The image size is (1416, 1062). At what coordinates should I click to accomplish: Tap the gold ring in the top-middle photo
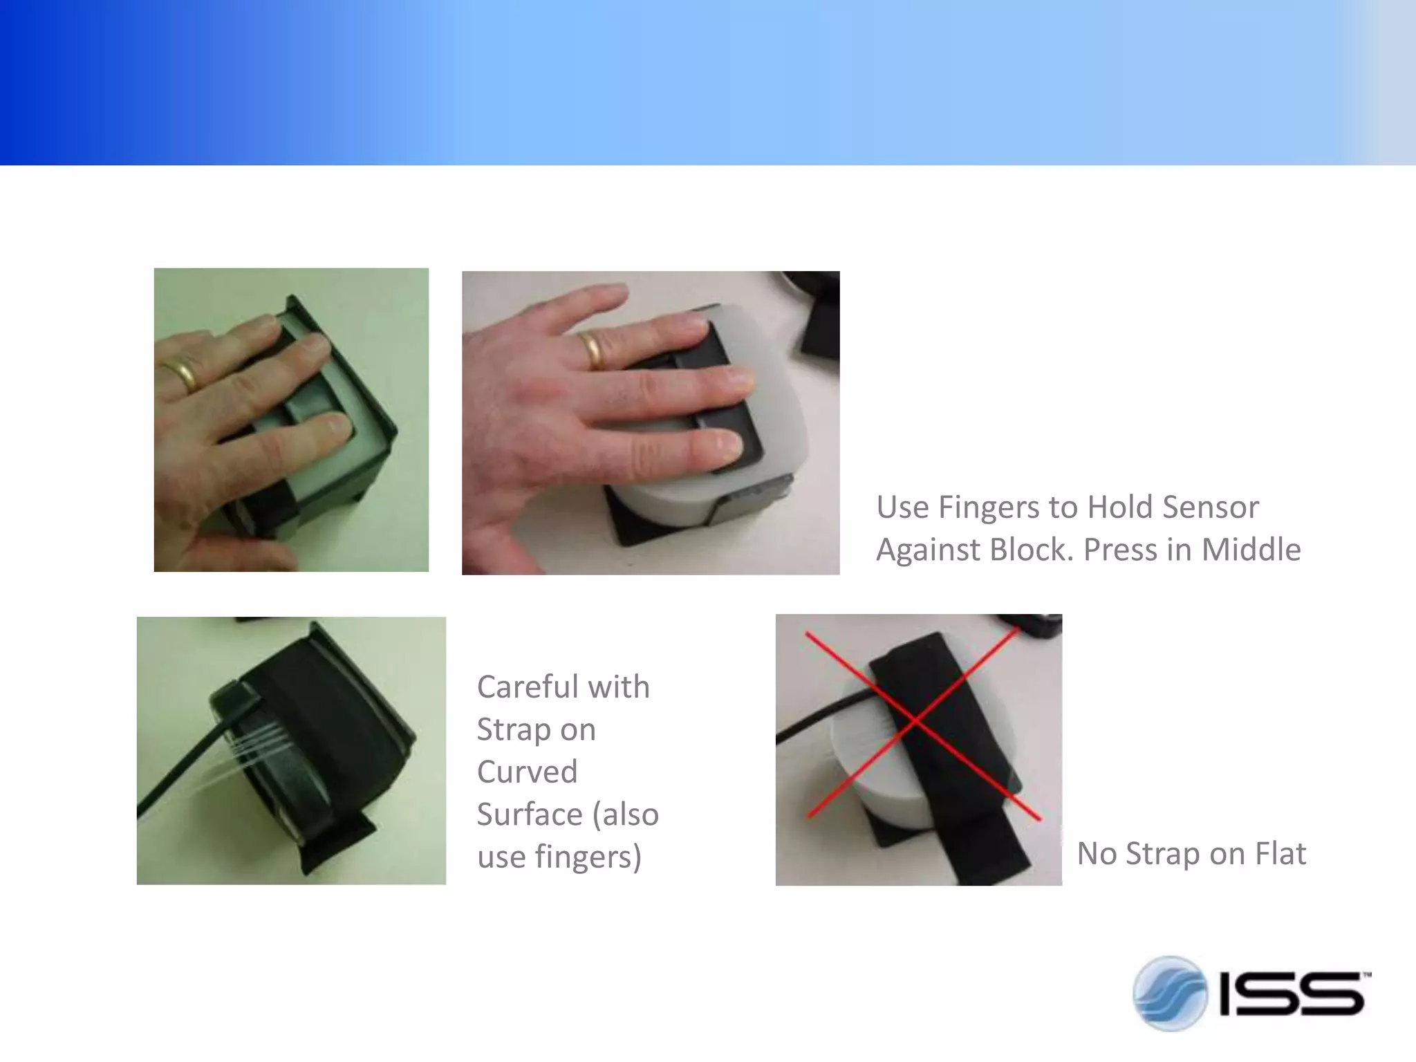click(592, 349)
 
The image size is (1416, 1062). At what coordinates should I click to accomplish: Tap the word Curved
click(527, 772)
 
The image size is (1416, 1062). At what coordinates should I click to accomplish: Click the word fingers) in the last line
click(588, 857)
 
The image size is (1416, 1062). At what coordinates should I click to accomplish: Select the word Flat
click(1280, 853)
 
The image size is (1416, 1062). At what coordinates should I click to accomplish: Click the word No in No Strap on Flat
click(1097, 853)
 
